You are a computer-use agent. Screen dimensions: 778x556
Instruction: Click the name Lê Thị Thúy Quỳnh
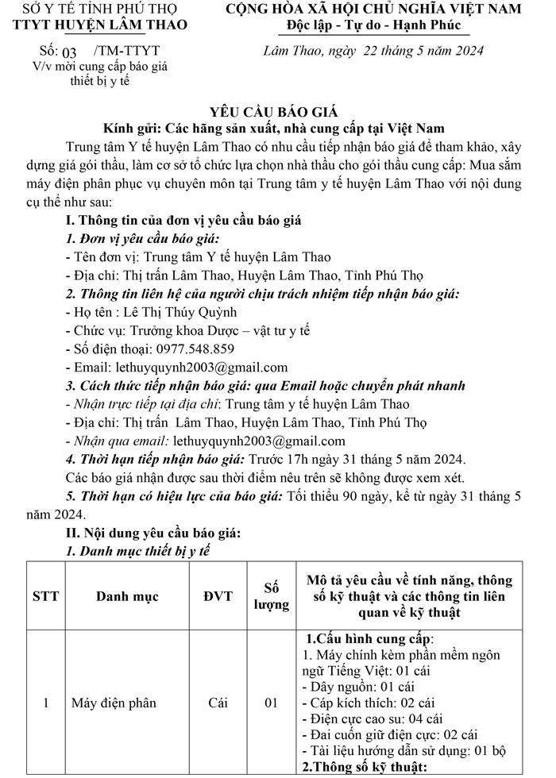pyautogui.click(x=164, y=312)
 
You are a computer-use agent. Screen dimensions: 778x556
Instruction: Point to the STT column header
pyautogui.click(x=45, y=596)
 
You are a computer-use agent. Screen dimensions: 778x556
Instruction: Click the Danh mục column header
pyautogui.click(x=127, y=596)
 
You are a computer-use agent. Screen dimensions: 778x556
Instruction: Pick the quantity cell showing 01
pyautogui.click(x=272, y=703)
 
